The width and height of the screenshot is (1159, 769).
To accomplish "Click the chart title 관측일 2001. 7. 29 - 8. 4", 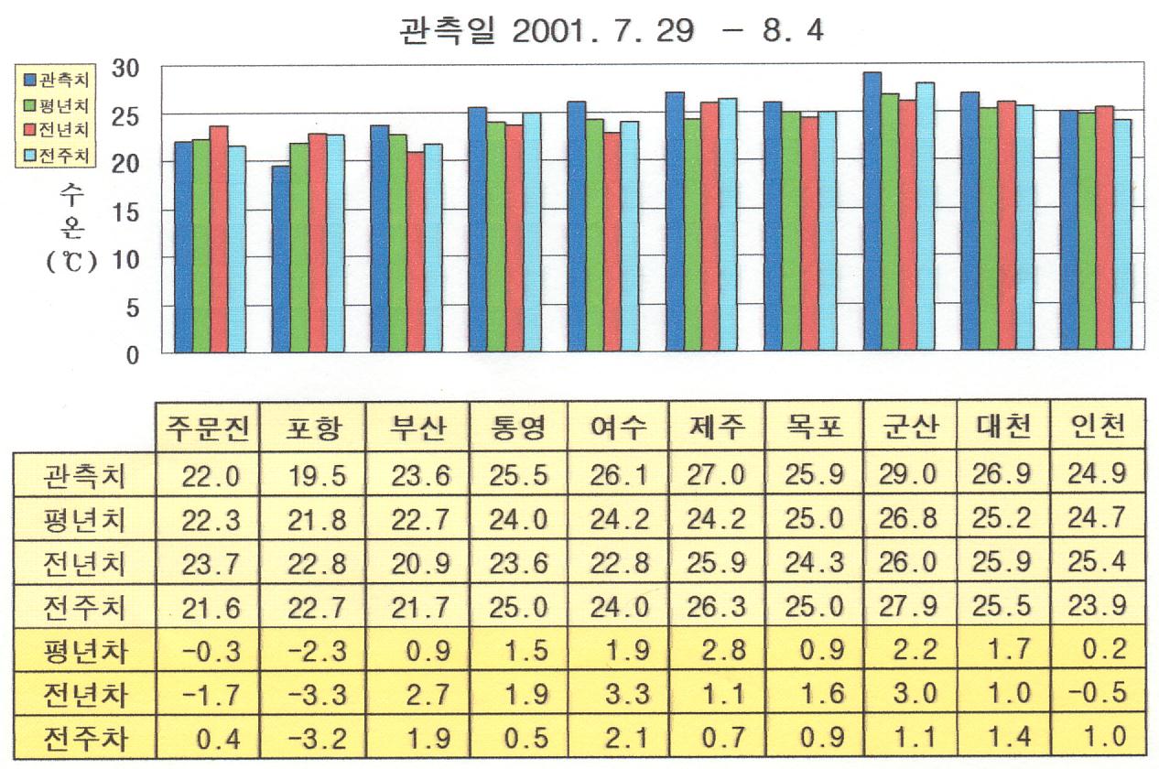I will click(x=612, y=31).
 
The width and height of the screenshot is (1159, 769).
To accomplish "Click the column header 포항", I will click(x=310, y=427).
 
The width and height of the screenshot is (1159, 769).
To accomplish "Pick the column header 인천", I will click(x=1096, y=427).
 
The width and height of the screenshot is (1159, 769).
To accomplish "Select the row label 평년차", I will click(x=85, y=652).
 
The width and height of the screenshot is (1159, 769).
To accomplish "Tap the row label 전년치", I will click(x=85, y=562).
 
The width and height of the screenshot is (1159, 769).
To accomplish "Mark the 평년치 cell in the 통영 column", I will click(x=517, y=519).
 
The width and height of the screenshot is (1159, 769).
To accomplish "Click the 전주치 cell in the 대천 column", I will click(x=1001, y=606).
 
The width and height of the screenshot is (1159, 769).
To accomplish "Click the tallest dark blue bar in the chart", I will click(x=872, y=211).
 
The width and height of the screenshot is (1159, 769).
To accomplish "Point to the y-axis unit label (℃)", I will click(x=70, y=261).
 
